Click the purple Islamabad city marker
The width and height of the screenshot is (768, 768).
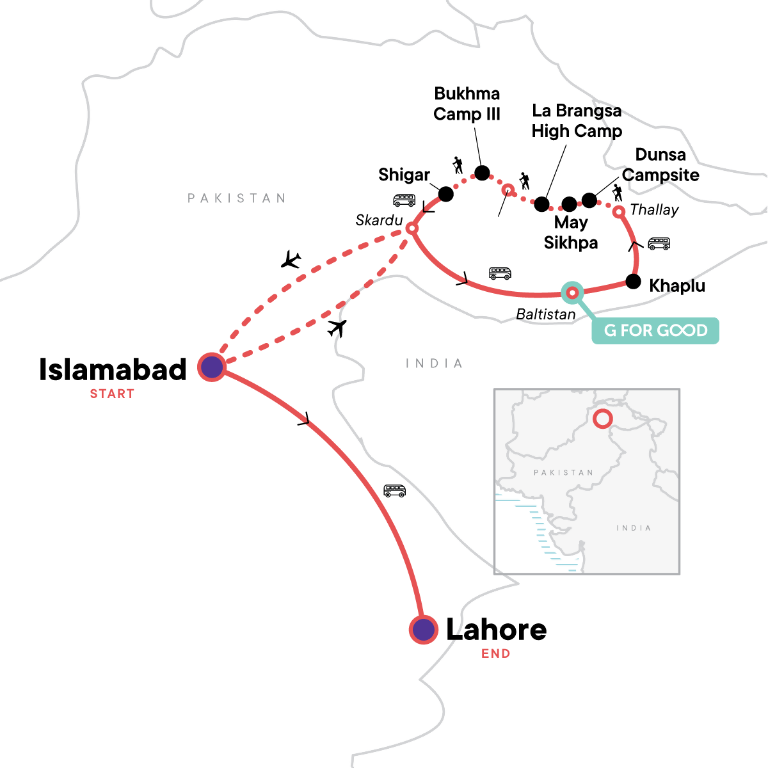coord(211,367)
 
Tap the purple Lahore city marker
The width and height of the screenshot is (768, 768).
coord(423,629)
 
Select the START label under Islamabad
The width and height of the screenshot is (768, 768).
coord(112,394)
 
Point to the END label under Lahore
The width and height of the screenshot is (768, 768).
coord(496,654)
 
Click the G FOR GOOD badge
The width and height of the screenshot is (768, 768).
coord(655,330)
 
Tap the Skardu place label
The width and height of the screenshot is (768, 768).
coord(379,221)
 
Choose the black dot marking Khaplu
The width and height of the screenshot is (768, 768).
coord(633,282)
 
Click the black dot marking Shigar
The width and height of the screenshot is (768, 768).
coord(446,193)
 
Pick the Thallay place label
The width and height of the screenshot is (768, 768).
coord(654,210)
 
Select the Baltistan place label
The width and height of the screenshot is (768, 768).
coord(546,314)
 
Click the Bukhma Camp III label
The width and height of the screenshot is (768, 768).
coord(467,104)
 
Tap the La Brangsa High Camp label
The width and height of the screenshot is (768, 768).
coord(577,121)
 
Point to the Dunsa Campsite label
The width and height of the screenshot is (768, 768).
coord(660,164)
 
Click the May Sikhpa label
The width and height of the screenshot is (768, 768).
coord(571,232)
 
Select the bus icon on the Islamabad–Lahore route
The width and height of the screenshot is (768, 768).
coord(395,491)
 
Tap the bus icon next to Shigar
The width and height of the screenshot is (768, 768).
coord(404,200)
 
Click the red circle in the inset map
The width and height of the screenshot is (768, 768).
coord(602,419)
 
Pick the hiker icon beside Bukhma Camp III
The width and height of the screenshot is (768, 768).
coord(458,165)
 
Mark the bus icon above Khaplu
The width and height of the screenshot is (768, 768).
coord(659,244)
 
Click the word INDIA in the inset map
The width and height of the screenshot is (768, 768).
coord(634,528)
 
